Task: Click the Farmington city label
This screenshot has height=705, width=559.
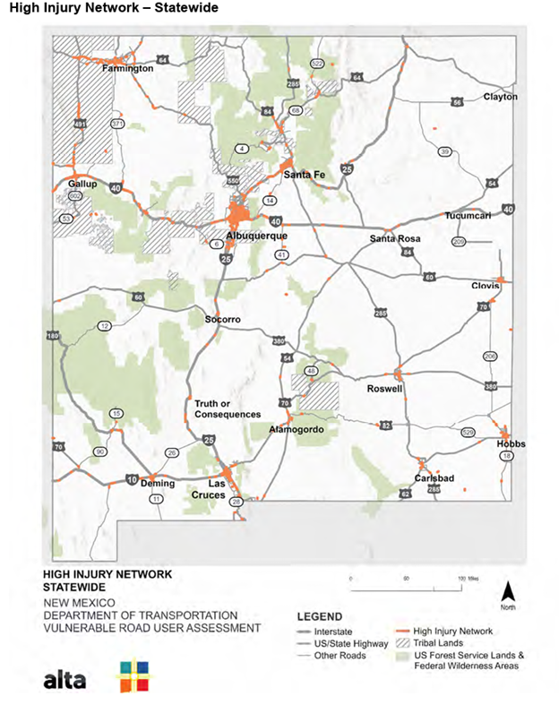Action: (123, 68)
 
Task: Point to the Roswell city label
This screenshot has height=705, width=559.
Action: (385, 390)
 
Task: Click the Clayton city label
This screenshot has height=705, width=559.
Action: (500, 96)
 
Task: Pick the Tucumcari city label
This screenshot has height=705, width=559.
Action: (468, 216)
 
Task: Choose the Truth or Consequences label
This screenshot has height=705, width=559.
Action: (228, 408)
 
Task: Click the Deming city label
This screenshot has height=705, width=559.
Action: (159, 484)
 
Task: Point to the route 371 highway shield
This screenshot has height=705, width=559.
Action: (117, 123)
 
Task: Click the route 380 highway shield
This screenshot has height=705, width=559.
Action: (279, 341)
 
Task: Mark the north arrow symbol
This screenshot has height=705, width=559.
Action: (508, 592)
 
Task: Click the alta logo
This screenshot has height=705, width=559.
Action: (64, 680)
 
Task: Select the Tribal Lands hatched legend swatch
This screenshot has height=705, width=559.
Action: (400, 642)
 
